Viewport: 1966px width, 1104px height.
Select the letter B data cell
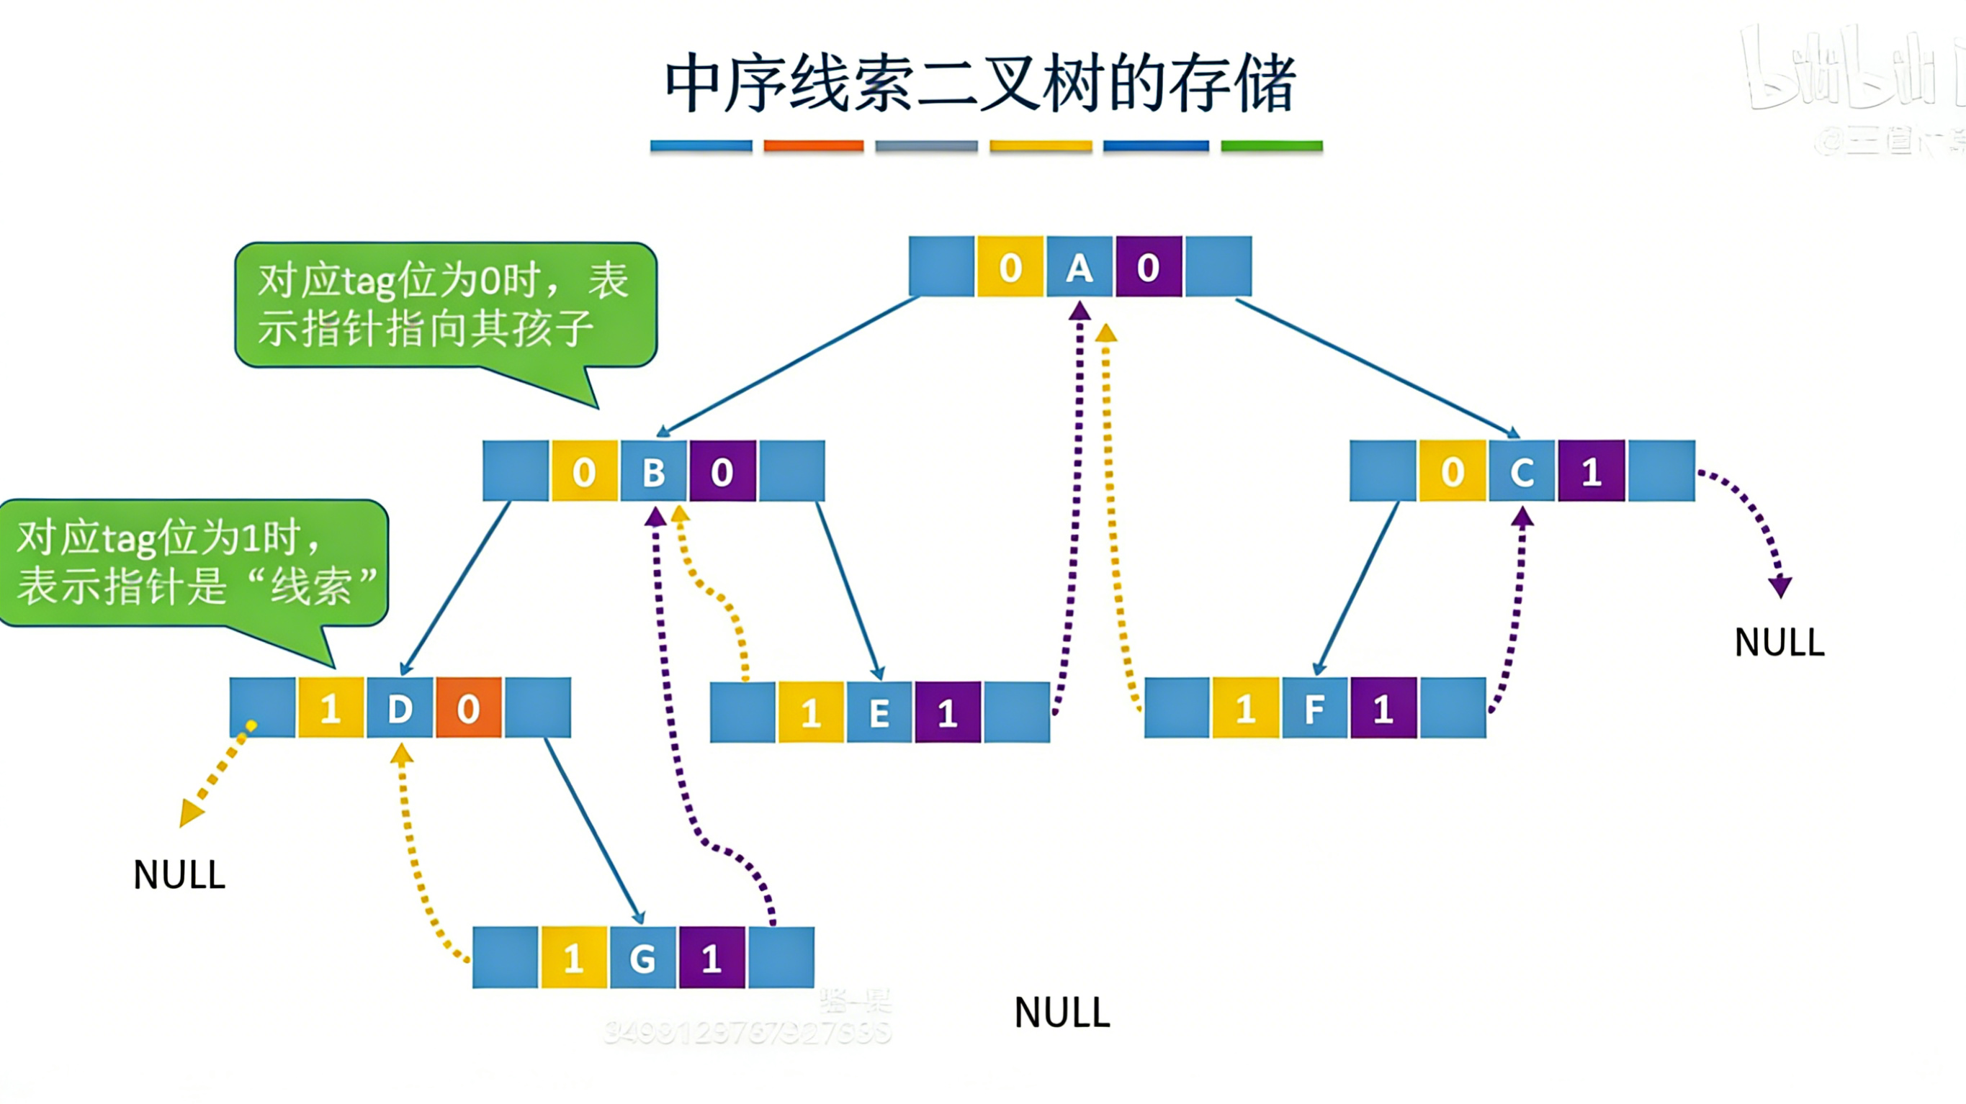click(x=653, y=471)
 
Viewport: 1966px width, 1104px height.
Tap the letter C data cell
click(x=1522, y=471)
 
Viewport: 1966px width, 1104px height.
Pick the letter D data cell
click(x=400, y=708)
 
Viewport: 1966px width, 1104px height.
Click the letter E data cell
click(x=879, y=712)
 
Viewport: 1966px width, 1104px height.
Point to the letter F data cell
click(x=1314, y=708)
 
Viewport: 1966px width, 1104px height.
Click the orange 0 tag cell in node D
click(x=469, y=708)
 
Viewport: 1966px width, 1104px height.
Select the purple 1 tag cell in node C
click(x=1592, y=471)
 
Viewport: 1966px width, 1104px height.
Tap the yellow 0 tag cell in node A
click(x=1010, y=267)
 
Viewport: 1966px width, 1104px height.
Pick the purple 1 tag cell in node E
click(x=948, y=712)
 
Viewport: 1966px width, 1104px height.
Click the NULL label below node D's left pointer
click(x=179, y=874)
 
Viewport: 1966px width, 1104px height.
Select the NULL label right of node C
click(x=1779, y=643)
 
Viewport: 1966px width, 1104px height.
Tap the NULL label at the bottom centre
click(x=1061, y=1013)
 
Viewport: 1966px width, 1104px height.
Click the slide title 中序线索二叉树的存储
click(x=980, y=84)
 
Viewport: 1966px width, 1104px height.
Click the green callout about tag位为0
click(x=445, y=305)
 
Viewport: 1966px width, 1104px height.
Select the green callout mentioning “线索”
click(x=194, y=563)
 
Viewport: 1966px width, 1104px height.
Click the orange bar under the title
click(x=814, y=145)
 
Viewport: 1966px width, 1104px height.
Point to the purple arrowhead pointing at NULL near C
click(x=1780, y=587)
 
